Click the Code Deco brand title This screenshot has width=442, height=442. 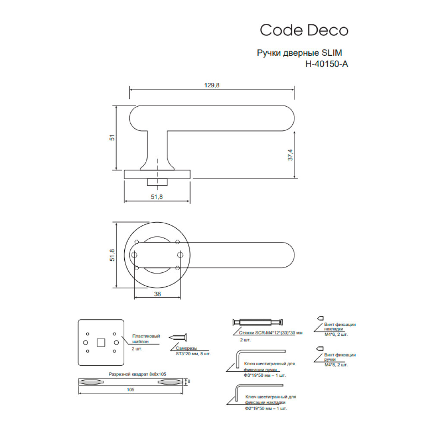pos(304,30)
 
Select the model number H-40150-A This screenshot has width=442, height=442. pos(327,64)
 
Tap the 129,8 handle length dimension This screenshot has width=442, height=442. pos(212,85)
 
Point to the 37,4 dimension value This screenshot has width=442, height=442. pos(290,155)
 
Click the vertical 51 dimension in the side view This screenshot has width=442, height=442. pos(112,138)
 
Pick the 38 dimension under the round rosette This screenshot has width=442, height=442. pos(158,294)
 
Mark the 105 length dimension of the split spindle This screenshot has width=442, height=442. pos(130,390)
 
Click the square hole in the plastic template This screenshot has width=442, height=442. pos(101,342)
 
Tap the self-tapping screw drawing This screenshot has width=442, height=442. pos(177,337)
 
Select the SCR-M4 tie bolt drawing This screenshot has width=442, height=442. pos(258,322)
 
